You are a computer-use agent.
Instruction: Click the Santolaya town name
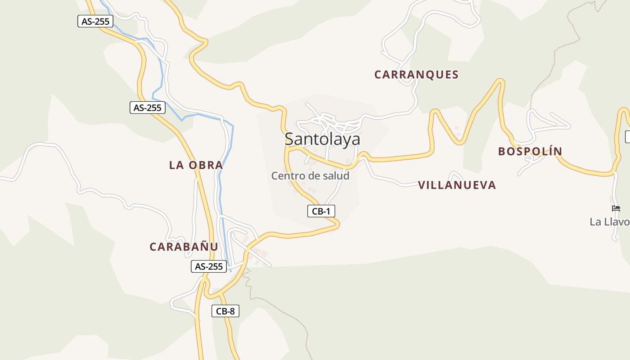(x=322, y=139)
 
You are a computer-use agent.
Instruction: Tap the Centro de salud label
(x=310, y=175)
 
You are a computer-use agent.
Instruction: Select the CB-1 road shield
(x=321, y=211)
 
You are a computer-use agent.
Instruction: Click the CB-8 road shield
(x=225, y=311)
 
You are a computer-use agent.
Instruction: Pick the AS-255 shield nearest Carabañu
(x=208, y=266)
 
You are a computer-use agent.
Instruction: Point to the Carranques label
(x=416, y=75)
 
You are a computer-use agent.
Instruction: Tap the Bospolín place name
(x=530, y=151)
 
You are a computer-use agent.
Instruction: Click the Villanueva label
(x=457, y=185)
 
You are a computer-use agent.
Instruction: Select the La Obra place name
(x=196, y=165)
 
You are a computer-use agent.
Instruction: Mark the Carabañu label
(x=184, y=247)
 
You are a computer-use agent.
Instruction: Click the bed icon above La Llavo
(x=616, y=208)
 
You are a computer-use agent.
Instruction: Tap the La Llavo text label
(x=610, y=222)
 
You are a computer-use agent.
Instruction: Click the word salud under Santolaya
(x=334, y=175)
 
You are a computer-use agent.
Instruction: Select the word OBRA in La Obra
(x=206, y=165)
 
